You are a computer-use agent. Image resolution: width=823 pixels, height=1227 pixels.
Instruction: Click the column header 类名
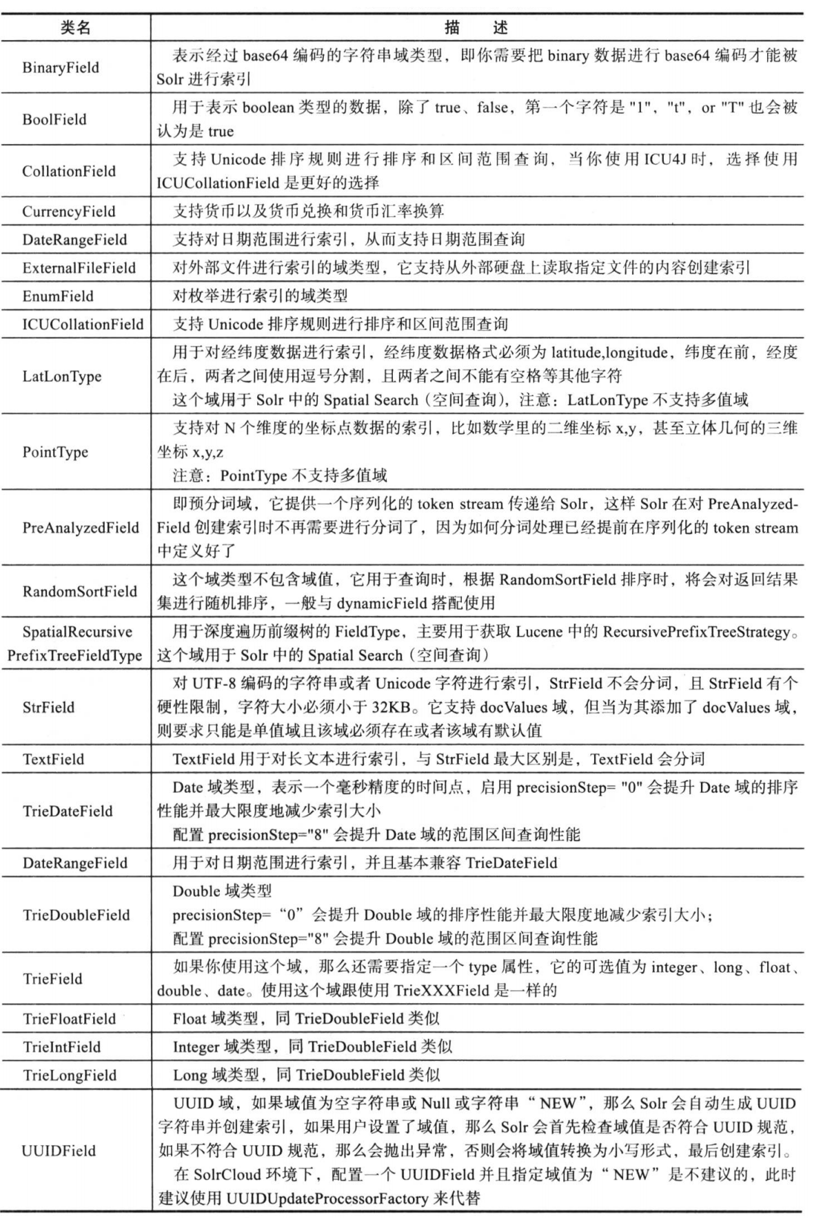(x=75, y=28)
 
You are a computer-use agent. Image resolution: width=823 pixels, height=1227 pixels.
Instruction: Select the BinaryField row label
(x=61, y=68)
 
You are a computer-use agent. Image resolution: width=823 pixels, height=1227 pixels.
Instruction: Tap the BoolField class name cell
(x=54, y=119)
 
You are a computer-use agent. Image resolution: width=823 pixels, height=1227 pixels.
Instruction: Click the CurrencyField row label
(x=69, y=212)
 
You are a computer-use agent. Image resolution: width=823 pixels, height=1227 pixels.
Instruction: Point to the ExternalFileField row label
(x=79, y=268)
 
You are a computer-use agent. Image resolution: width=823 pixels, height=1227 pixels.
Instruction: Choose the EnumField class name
(x=58, y=296)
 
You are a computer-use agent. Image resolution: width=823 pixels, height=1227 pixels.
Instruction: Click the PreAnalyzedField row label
(x=81, y=528)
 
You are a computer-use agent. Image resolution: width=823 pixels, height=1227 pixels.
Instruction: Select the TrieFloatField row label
(x=69, y=1019)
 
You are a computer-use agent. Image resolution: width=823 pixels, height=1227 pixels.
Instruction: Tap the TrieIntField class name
(x=61, y=1047)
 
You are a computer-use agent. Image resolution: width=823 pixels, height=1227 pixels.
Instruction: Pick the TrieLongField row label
(x=69, y=1075)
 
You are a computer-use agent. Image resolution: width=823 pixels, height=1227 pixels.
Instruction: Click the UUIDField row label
(x=59, y=1151)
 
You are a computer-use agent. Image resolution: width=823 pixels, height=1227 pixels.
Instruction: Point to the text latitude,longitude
(x=609, y=353)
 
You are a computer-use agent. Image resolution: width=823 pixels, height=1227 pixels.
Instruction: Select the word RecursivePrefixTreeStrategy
(x=696, y=632)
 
